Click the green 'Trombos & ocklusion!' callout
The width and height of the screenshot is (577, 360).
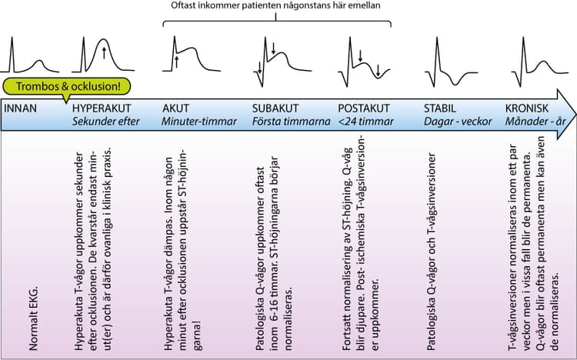(67, 87)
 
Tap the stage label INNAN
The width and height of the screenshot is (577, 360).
(21, 108)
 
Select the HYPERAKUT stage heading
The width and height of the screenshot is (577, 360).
(102, 108)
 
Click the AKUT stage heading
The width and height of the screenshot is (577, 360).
(175, 108)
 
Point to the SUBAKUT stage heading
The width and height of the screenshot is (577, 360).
(275, 108)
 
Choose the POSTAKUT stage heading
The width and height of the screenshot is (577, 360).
(364, 108)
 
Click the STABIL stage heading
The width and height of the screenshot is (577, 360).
(440, 108)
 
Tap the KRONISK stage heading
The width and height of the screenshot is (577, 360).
(526, 108)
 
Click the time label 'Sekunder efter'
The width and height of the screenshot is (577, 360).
(106, 122)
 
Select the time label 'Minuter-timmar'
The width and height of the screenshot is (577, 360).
(199, 122)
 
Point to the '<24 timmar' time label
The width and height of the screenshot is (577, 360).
(365, 122)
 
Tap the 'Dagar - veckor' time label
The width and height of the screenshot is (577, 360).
(458, 122)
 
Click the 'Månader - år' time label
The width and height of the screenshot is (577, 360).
(535, 122)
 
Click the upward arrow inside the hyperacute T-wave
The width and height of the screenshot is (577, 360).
(104, 53)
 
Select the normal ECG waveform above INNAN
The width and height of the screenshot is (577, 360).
(29, 55)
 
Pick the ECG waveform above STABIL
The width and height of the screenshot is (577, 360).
(451, 62)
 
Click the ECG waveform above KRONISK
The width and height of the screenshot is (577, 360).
(540, 62)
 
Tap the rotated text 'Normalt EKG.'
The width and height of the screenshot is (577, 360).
(34, 318)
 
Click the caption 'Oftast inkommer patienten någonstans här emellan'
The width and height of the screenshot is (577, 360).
(275, 5)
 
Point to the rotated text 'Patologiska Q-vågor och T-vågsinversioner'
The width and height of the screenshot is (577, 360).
(431, 252)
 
